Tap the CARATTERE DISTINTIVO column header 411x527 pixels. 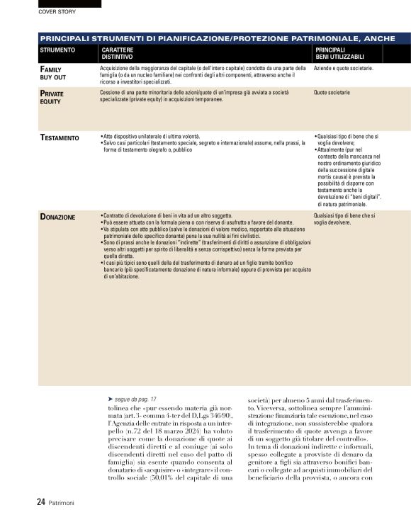[117, 54]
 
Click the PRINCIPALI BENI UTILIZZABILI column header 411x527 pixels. [339, 54]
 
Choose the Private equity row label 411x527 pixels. [52, 98]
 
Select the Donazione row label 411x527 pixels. [57, 217]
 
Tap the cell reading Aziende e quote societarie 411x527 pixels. [343, 69]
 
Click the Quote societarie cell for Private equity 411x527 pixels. [332, 93]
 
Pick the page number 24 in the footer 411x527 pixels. [41, 502]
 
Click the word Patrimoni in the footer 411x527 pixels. [61, 503]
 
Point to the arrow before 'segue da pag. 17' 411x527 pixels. [110, 399]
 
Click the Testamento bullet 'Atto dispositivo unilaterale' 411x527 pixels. [152, 135]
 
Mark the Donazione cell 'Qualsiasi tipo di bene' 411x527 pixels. [344, 218]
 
